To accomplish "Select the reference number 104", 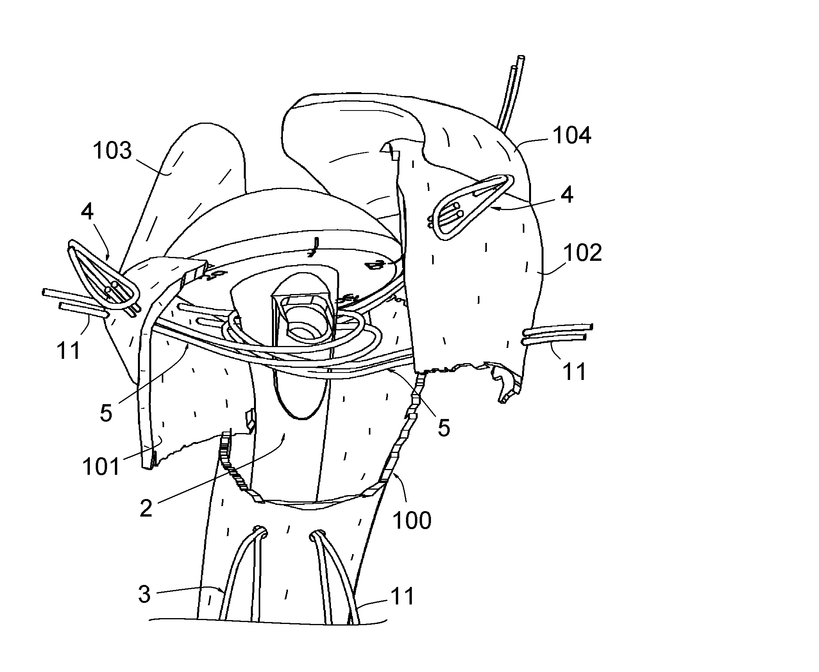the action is pos(572,135).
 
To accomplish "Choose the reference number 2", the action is pos(146,509).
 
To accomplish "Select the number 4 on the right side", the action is pos(567,194).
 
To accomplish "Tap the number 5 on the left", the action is pos(106,413).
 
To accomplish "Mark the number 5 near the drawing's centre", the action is pos(444,428).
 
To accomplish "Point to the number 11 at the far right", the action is pos(574,371).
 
